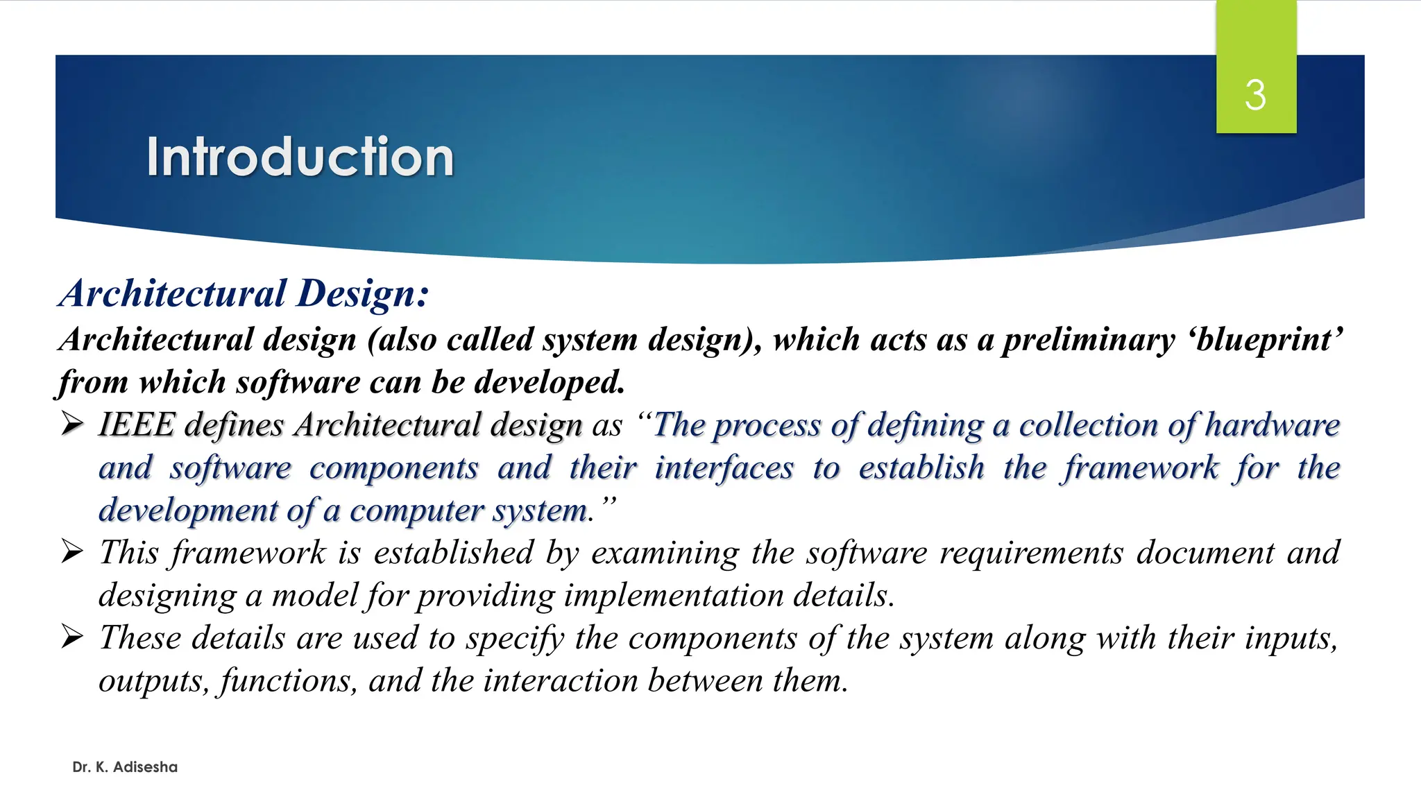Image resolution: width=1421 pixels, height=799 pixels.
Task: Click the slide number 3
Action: click(1255, 95)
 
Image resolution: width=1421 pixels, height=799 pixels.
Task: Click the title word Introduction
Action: click(300, 157)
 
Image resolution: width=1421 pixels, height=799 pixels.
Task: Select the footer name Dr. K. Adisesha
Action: click(125, 767)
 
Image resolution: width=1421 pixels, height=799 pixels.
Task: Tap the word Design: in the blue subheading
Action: click(364, 293)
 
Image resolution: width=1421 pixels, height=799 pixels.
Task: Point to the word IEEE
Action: click(136, 424)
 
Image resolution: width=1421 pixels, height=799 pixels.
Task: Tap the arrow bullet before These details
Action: click(72, 637)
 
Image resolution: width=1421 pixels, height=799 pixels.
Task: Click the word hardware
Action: click(1273, 424)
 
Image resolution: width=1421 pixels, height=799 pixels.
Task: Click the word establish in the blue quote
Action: click(921, 467)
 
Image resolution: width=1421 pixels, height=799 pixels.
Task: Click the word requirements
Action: click(1031, 553)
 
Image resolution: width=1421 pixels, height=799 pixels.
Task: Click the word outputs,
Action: click(153, 681)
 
